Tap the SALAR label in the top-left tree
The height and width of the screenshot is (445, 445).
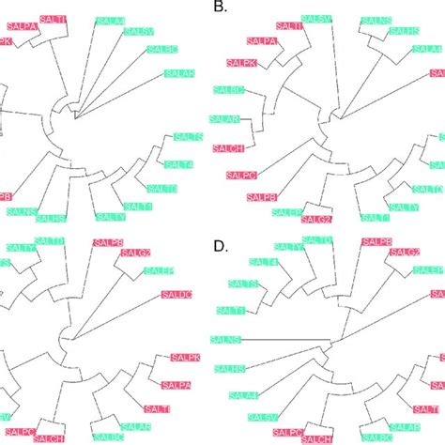[179, 73]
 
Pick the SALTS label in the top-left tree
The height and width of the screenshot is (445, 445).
[184, 138]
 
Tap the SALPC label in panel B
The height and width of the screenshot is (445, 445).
[242, 175]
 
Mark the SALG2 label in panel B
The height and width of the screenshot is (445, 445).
[316, 219]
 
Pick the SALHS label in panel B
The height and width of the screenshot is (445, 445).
[404, 31]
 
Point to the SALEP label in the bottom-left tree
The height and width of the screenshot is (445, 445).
[160, 271]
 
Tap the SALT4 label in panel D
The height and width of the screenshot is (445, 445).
[263, 264]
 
